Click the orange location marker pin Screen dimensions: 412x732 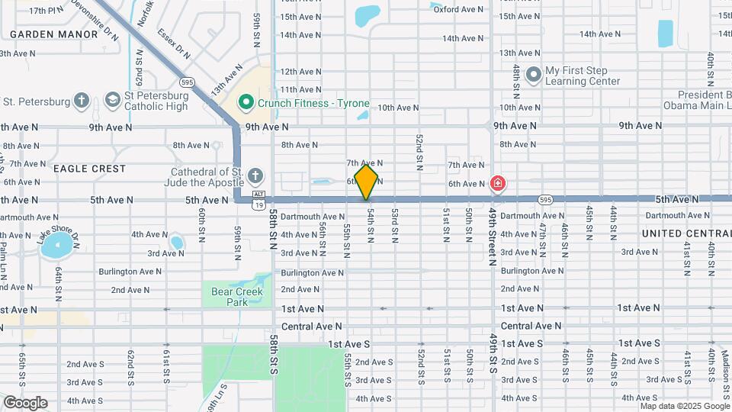coord(366,182)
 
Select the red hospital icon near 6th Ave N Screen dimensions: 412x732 coord(497,183)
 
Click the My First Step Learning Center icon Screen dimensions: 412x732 coord(533,75)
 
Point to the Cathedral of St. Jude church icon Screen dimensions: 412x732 coord(256,177)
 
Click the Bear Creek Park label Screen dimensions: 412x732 coord(236,297)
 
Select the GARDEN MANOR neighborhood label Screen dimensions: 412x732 coord(53,34)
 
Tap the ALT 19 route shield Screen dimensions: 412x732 coord(259,200)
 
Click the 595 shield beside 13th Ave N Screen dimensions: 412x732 coord(188,82)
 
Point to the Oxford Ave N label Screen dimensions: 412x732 coord(457,9)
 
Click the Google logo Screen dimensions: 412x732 coord(25,403)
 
